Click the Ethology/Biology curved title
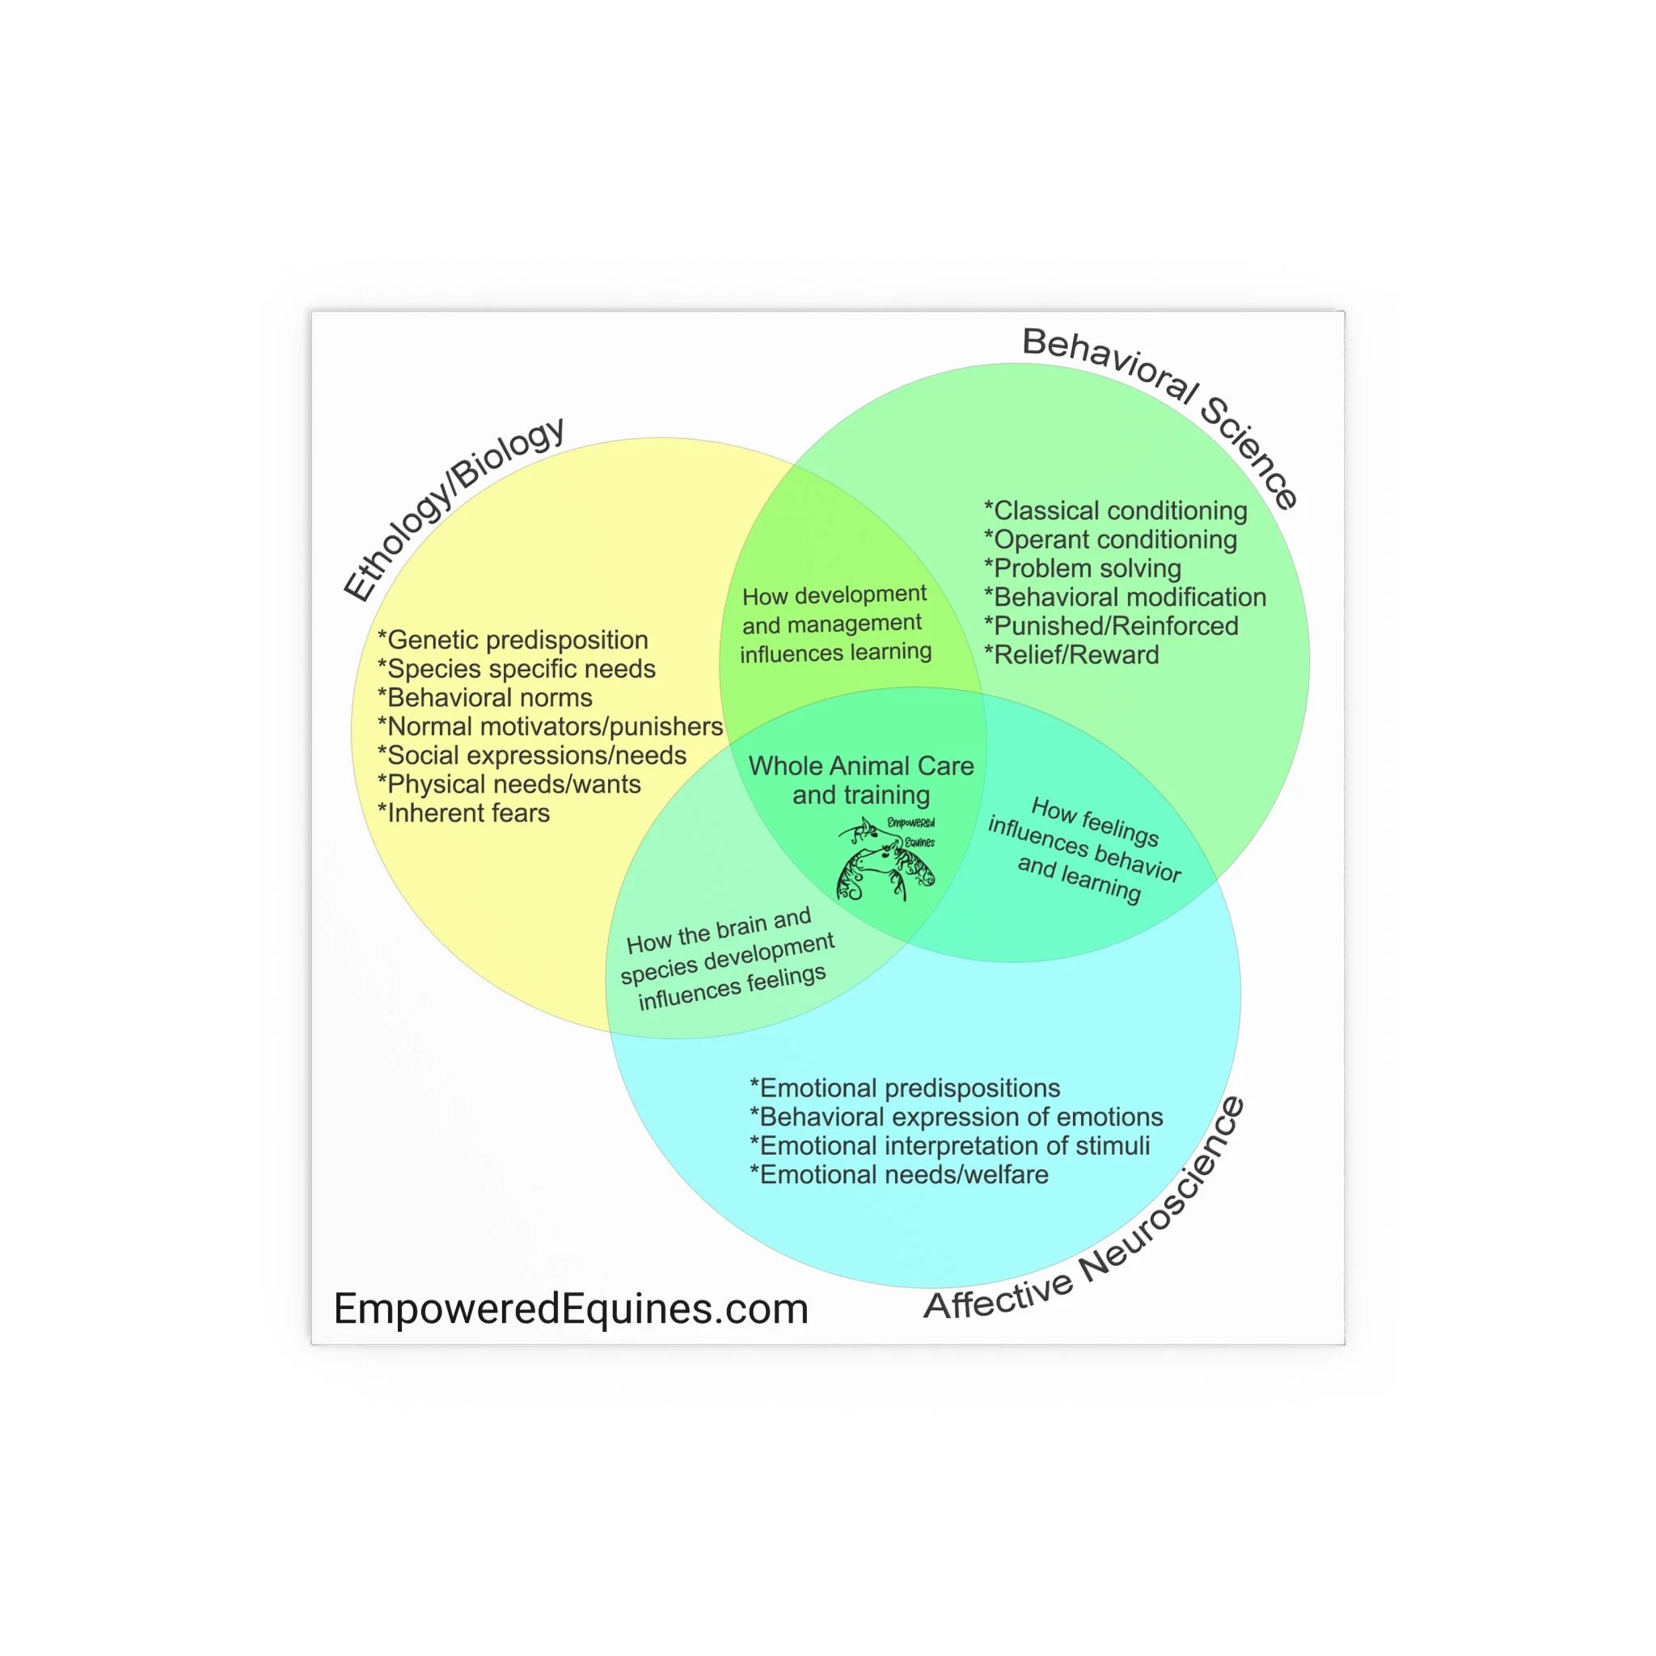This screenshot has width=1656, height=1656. click(453, 509)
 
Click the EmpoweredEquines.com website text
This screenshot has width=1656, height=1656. click(571, 1308)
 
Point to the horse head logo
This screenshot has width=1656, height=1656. click(885, 859)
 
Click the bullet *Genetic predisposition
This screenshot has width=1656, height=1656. click(513, 640)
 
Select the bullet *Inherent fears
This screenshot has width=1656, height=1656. click(463, 813)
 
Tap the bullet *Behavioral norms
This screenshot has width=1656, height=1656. click(485, 698)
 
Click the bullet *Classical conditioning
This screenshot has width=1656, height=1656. click(1115, 511)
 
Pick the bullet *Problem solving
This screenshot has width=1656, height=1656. click(1082, 568)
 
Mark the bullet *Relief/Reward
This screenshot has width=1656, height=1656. click(1071, 655)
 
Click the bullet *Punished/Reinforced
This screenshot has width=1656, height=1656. click(1111, 626)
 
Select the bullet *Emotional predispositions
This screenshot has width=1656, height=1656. click(904, 1088)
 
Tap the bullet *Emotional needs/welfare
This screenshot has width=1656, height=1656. click(898, 1174)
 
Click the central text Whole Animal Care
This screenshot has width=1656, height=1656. click(860, 767)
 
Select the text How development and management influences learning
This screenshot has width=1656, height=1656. click(834, 623)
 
